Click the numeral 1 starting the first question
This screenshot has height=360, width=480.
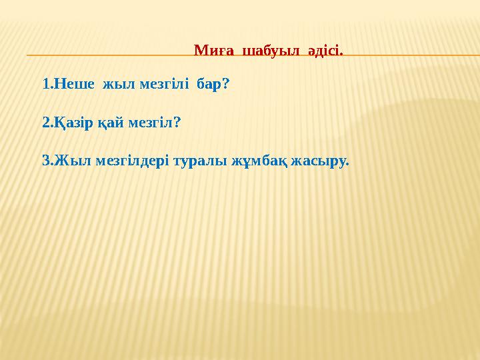tap(45, 85)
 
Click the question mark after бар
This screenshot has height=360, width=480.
tap(226, 85)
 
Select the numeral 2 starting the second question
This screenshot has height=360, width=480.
tap(45, 123)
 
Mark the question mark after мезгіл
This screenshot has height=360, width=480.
tap(177, 123)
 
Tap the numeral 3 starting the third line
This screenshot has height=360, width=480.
tap(45, 161)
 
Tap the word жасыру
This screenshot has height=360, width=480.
tap(321, 161)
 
